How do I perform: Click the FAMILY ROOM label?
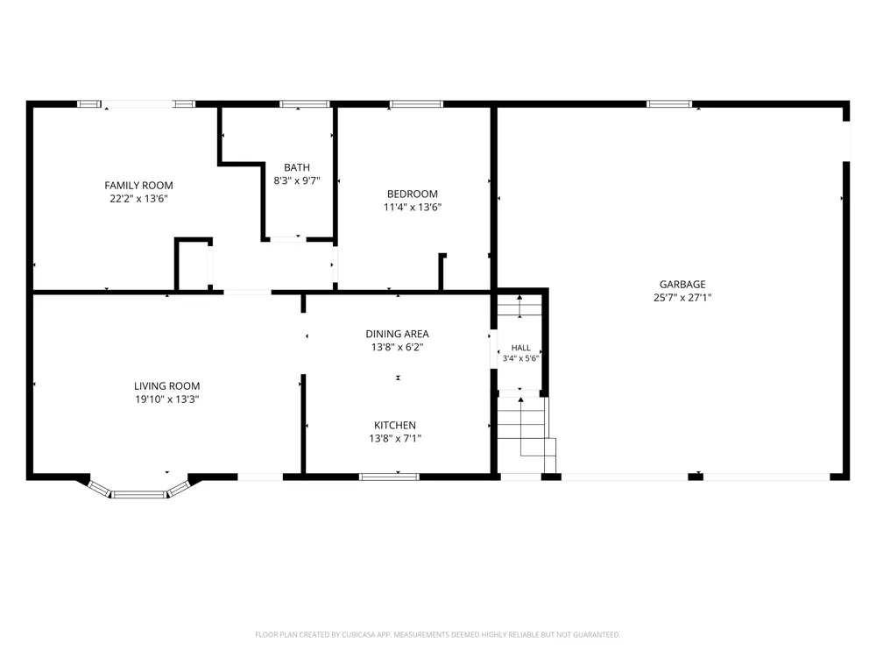[x=138, y=186]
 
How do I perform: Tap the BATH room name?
[x=297, y=167]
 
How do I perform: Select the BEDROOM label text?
[x=413, y=194]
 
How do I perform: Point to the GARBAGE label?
[x=682, y=285]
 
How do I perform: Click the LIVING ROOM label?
[x=166, y=386]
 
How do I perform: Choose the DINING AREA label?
[x=397, y=334]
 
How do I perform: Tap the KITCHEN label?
[x=395, y=425]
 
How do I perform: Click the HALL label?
[x=520, y=348]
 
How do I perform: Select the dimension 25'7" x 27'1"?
[x=682, y=298]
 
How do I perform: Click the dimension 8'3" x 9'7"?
[x=297, y=180]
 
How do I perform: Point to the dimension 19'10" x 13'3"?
[x=166, y=399]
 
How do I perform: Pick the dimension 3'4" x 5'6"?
[x=520, y=358]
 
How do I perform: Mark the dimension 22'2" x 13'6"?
[x=138, y=199]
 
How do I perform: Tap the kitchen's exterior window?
[x=389, y=477]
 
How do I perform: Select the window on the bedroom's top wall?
[x=416, y=104]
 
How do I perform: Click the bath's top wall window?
[x=305, y=104]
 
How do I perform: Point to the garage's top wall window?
[x=669, y=104]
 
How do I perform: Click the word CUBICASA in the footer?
[x=364, y=634]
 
